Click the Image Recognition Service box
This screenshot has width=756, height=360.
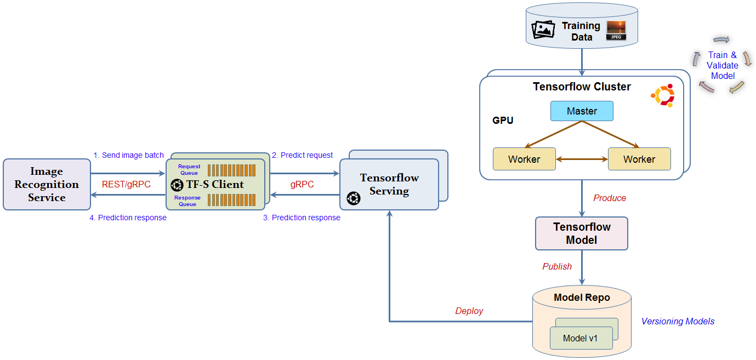[x=47, y=185]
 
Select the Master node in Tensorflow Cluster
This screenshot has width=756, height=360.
[x=582, y=111]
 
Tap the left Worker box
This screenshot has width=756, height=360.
[x=524, y=159]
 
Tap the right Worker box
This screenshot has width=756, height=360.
[x=639, y=159]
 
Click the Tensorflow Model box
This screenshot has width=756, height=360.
[x=582, y=233]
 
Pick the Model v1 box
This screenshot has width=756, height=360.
[x=581, y=338]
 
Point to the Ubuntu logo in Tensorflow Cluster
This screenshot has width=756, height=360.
[x=663, y=95]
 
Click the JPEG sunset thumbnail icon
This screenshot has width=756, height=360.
[x=616, y=30]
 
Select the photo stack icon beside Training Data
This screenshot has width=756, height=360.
[x=544, y=30]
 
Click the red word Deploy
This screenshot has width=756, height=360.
[x=469, y=311]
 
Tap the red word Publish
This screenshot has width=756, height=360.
[x=557, y=266]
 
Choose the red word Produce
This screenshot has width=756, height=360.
[x=610, y=198]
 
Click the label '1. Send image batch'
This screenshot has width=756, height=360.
[x=128, y=155]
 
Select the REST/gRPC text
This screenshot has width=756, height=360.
[x=126, y=184]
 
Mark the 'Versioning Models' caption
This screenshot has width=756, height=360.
[x=678, y=321]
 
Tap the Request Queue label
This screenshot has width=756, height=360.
[x=189, y=169]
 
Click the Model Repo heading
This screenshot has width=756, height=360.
[x=582, y=298]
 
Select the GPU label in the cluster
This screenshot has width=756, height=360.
[x=503, y=120]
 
